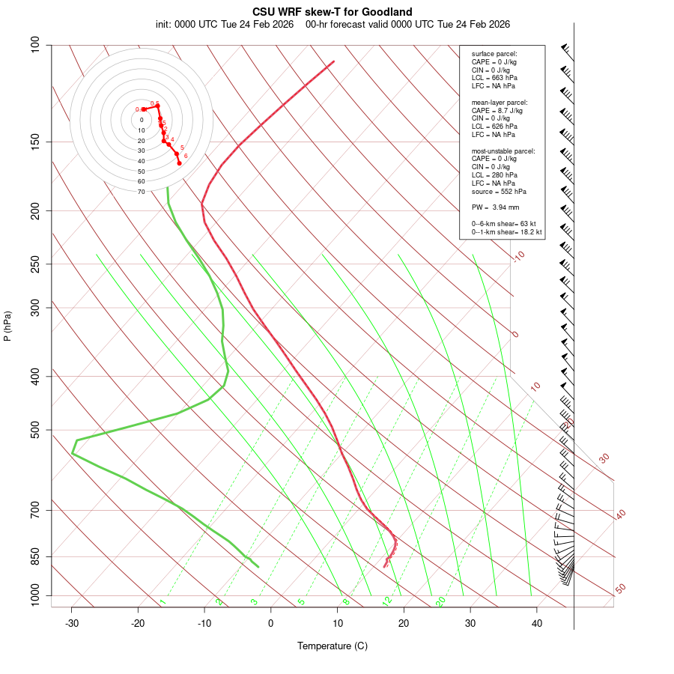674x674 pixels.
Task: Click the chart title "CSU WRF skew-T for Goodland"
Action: point(333,12)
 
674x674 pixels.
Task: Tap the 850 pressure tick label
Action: point(35,556)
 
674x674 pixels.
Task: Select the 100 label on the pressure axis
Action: point(35,45)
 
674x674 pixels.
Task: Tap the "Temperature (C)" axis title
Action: point(333,646)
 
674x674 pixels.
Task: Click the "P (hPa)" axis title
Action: point(7,327)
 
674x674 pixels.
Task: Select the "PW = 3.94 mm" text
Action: point(495,207)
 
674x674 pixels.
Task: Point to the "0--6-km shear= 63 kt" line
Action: point(504,224)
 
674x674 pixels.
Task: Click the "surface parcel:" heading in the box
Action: point(494,54)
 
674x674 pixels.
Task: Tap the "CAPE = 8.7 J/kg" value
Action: point(497,110)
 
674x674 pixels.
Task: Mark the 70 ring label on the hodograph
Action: point(141,192)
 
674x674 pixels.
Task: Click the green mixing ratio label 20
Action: point(441,601)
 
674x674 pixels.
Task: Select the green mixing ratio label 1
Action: point(163,602)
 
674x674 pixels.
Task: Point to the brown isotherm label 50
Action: point(620,589)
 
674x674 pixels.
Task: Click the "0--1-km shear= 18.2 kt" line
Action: point(506,232)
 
